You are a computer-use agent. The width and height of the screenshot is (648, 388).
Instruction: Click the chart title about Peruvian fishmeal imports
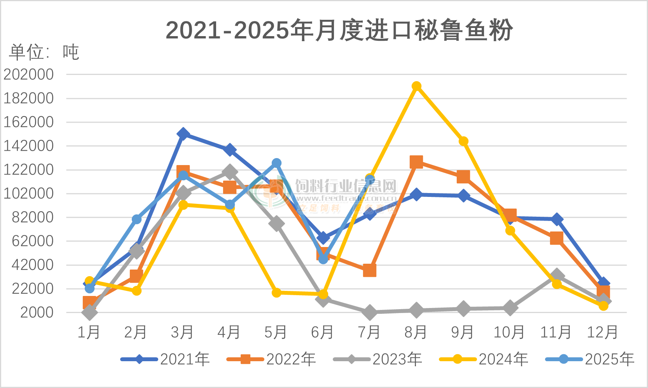(339, 30)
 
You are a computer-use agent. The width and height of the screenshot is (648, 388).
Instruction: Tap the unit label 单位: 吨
(44, 52)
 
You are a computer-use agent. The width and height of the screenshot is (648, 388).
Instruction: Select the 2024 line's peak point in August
(416, 86)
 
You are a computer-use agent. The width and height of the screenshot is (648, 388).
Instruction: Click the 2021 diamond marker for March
(183, 134)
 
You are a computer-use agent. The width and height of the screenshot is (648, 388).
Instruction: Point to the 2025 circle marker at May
(276, 163)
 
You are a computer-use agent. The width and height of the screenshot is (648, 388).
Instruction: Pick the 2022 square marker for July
(370, 270)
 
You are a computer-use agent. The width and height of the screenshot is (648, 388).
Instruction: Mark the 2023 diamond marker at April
(230, 171)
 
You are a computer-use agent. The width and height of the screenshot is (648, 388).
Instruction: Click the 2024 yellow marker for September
(463, 141)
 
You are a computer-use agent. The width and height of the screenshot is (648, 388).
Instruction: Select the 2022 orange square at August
(416, 162)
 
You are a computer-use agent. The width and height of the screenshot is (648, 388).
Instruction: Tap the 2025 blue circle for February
(136, 219)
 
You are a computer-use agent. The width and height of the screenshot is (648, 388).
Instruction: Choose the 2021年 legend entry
(165, 359)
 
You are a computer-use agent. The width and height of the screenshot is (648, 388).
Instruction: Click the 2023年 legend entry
(377, 359)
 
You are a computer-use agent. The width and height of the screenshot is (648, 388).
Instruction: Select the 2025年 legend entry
(590, 359)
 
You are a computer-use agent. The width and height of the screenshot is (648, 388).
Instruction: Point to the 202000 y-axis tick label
(29, 74)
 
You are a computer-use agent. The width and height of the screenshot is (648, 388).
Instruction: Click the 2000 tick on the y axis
(37, 312)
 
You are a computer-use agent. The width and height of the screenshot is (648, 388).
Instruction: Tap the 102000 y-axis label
(29, 193)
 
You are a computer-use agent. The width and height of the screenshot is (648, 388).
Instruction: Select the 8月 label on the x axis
(416, 332)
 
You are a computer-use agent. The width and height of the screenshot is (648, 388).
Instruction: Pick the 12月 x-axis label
(603, 332)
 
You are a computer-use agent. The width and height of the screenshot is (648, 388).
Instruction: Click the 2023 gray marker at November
(557, 275)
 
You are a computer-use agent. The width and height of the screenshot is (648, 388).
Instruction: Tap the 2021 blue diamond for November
(557, 219)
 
